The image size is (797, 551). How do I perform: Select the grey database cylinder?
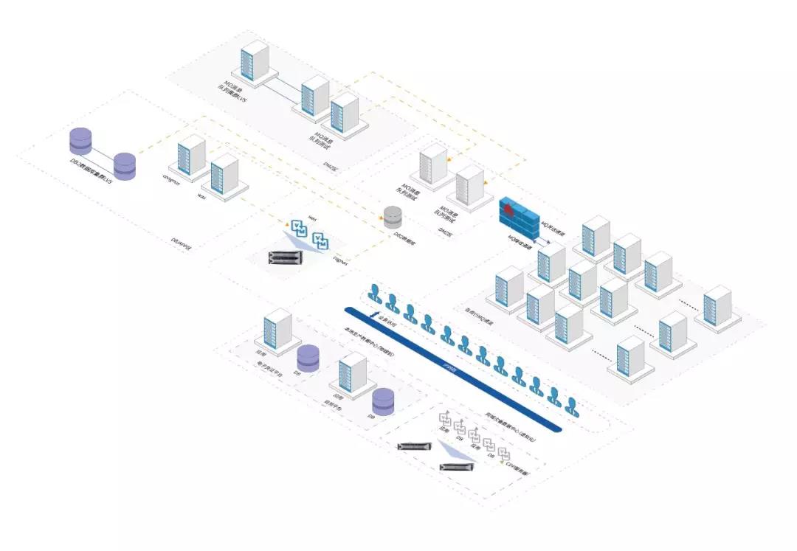tap(393, 216)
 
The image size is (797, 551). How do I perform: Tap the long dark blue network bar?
tap(450, 369)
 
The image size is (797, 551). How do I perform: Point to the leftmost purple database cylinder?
tap(80, 141)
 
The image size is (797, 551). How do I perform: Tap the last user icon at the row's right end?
tap(571, 405)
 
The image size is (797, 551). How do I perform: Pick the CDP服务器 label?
tap(520, 468)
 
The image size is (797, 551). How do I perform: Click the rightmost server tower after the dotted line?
tap(717, 305)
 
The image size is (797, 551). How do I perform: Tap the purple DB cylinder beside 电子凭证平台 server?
tap(308, 358)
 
